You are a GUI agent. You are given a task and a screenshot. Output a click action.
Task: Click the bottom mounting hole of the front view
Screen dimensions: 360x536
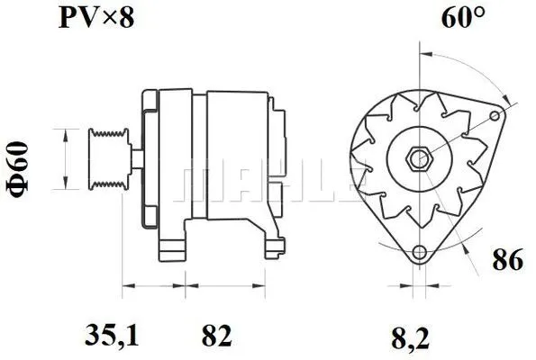418,253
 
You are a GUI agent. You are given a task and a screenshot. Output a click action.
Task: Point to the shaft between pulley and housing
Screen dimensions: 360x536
134,159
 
